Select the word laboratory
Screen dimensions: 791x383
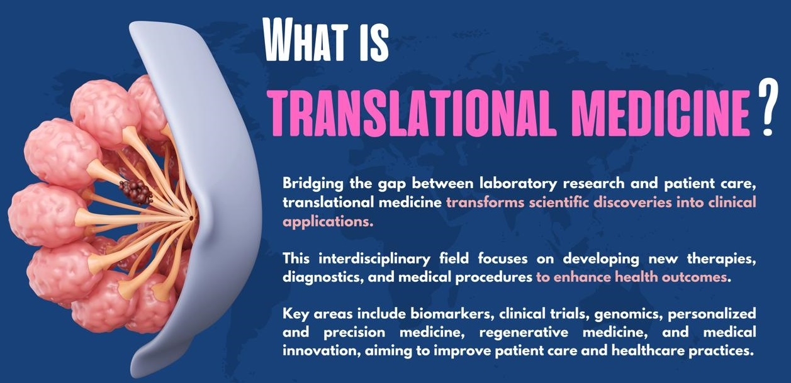(519, 184)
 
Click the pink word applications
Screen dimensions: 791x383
(328, 222)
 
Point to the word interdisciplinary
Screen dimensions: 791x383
(374, 259)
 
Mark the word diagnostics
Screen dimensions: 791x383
(323, 277)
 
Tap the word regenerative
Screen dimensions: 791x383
(524, 333)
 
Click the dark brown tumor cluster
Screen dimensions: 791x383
(136, 192)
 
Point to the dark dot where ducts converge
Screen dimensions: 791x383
(191, 218)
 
